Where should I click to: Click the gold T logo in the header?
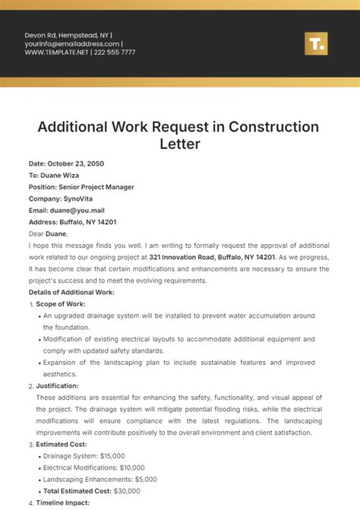[x=315, y=43]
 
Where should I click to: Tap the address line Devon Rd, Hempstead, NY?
[x=67, y=35]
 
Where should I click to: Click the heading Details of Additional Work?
[x=71, y=292]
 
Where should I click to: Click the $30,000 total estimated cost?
[x=130, y=491]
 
